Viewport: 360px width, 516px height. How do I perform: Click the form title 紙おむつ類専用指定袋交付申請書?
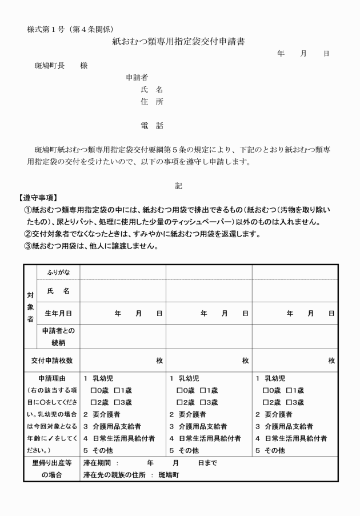click(179, 42)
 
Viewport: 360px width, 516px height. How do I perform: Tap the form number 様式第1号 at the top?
click(46, 29)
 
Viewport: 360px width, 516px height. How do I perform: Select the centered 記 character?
click(179, 185)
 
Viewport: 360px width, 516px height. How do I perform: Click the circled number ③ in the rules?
click(27, 246)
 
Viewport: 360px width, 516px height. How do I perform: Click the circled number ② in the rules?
click(27, 234)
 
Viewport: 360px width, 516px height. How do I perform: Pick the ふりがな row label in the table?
click(58, 271)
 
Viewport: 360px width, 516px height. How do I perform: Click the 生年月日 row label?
click(58, 313)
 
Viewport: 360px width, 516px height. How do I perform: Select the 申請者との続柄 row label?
click(58, 337)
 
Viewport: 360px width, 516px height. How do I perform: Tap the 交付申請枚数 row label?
click(51, 361)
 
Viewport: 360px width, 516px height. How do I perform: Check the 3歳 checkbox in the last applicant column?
click(289, 402)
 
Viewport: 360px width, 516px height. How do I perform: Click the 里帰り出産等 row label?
click(51, 463)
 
